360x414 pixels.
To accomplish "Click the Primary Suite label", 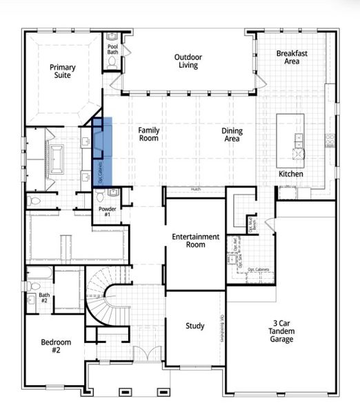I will click(62, 72).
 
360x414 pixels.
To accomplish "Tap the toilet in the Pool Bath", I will click(113, 63).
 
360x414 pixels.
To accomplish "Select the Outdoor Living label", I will click(186, 61).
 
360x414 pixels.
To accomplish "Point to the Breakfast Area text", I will click(292, 57).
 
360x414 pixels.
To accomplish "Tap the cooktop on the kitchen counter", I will click(330, 137).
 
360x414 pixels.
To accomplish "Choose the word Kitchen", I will click(290, 174).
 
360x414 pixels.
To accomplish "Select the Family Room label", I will click(148, 134).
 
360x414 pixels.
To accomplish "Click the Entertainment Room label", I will click(196, 241).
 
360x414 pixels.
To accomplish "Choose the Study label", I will click(195, 326).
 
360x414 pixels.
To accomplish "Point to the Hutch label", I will click(196, 188).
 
